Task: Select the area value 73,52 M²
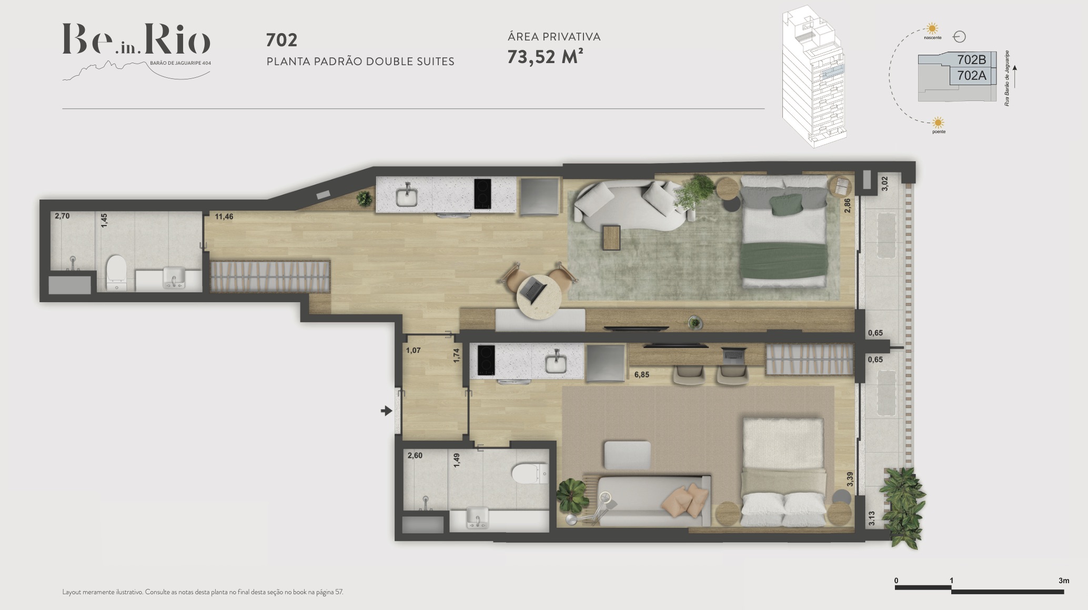[x=545, y=57]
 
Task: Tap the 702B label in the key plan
[x=971, y=60]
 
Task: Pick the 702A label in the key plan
[x=971, y=76]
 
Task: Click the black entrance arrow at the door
[x=387, y=411]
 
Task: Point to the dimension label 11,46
[x=224, y=216]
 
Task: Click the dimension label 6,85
[x=641, y=375]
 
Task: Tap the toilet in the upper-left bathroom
[x=115, y=272]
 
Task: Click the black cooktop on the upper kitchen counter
[x=482, y=194]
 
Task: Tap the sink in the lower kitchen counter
[x=556, y=362]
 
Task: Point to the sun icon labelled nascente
[x=932, y=28]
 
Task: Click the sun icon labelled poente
[x=938, y=123]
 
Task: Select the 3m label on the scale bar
[x=1064, y=581]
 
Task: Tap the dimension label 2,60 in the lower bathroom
[x=415, y=455]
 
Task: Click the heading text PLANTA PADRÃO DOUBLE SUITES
[x=360, y=62]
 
